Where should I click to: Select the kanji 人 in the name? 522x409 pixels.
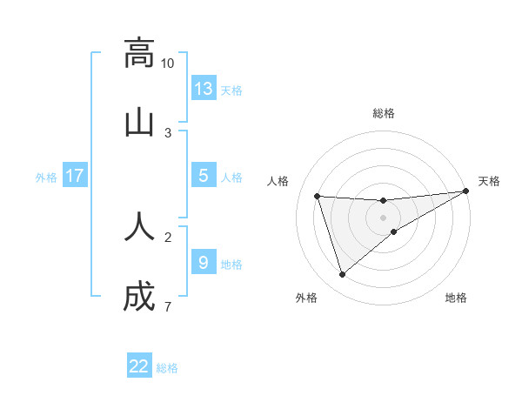pyautogui.click(x=139, y=225)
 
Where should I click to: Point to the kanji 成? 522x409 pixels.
pyautogui.click(x=139, y=296)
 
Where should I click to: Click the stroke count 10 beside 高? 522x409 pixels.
pyautogui.click(x=168, y=64)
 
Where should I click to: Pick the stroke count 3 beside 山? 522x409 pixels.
pyautogui.click(x=168, y=133)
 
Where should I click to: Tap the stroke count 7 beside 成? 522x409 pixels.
pyautogui.click(x=168, y=307)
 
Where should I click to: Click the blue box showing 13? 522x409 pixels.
pyautogui.click(x=204, y=89)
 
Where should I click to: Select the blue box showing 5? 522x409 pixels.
pyautogui.click(x=204, y=176)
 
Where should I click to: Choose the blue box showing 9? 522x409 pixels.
pyautogui.click(x=204, y=263)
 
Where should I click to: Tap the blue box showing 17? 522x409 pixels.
pyautogui.click(x=75, y=176)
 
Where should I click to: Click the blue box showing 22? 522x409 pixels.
pyautogui.click(x=139, y=366)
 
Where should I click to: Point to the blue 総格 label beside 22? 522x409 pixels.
pyautogui.click(x=167, y=368)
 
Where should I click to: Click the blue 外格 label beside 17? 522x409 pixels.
pyautogui.click(x=46, y=178)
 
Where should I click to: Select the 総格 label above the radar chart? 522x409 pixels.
pyautogui.click(x=384, y=113)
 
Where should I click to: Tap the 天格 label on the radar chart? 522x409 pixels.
pyautogui.click(x=489, y=181)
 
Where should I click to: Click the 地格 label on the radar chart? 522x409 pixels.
pyautogui.click(x=456, y=298)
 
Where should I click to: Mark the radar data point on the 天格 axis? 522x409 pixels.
pyautogui.click(x=466, y=191)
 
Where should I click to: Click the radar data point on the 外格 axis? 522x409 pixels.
pyautogui.click(x=342, y=275)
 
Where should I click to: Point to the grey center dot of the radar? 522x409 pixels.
pyautogui.click(x=384, y=218)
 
